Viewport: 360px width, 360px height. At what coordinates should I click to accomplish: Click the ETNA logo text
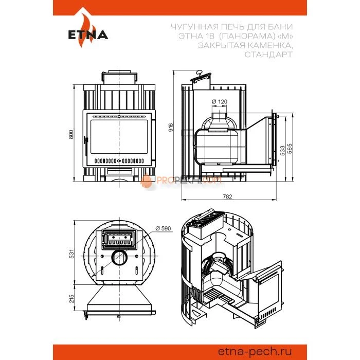click(88, 35)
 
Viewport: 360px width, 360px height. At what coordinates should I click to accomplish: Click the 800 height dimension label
click(71, 134)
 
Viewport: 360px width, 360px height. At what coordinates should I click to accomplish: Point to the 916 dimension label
click(171, 127)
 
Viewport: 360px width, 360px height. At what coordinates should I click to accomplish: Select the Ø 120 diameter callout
click(220, 101)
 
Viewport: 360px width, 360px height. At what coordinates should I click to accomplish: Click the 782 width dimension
click(227, 196)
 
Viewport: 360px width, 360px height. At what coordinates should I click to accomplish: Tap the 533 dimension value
click(282, 150)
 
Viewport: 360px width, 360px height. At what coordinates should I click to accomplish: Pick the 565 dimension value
click(290, 149)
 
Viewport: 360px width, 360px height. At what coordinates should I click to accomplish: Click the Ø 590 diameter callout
click(163, 228)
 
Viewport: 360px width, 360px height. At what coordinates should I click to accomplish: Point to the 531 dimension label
click(72, 254)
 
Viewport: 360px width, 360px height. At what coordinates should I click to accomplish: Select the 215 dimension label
click(72, 298)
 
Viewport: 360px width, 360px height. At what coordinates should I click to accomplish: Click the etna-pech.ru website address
click(255, 351)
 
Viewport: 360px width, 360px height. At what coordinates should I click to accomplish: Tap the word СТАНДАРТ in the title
click(268, 55)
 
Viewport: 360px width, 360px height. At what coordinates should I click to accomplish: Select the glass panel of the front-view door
click(119, 137)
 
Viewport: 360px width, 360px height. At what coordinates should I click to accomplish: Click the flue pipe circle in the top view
click(119, 257)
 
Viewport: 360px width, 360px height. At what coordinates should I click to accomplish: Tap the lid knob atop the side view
click(199, 73)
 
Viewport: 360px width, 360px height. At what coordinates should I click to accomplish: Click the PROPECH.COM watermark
click(181, 180)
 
